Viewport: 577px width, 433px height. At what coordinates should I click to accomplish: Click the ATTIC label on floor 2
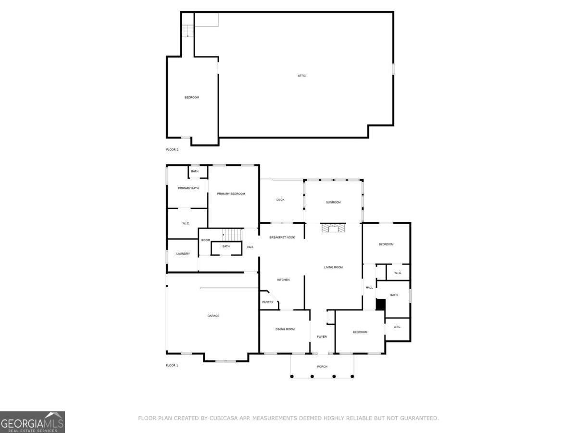coord(301,76)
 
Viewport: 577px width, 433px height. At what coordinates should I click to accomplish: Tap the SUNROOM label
coord(333,202)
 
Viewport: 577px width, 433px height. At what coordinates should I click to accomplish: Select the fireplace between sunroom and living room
coord(333,228)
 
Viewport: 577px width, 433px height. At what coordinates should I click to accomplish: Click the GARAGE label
coord(213,316)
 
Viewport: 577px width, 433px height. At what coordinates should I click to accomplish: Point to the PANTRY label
coord(268,302)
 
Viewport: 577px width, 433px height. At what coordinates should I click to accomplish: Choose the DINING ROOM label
coord(285,329)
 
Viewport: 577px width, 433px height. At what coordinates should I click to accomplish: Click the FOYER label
coord(322,337)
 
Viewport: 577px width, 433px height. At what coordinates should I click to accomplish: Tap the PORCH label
coord(322,367)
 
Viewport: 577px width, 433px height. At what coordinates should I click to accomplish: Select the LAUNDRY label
coord(183,254)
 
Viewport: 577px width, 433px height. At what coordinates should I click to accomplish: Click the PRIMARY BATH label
coord(188,188)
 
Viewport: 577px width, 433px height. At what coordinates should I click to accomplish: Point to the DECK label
coord(281,200)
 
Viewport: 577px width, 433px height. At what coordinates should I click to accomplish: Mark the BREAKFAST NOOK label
coord(282,238)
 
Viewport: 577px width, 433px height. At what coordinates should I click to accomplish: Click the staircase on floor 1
coord(232,235)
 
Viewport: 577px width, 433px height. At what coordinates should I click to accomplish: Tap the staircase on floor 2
coord(188,30)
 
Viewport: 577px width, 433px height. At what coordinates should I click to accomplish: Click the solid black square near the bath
coord(380,305)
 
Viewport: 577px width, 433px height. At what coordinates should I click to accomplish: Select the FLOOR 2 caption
coord(172,150)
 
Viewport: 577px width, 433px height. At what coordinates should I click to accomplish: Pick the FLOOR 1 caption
coord(172,366)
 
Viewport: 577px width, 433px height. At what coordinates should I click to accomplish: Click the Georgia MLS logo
coord(32,422)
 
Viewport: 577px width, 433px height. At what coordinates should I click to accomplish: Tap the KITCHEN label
coord(283,280)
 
